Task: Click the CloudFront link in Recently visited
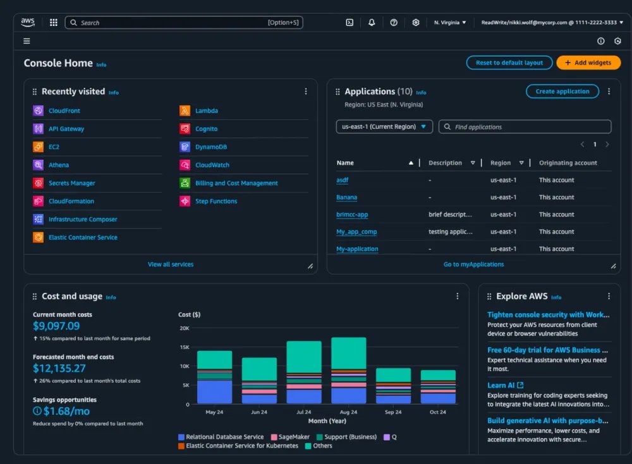click(x=64, y=111)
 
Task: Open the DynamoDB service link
click(x=211, y=147)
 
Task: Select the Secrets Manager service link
click(x=71, y=183)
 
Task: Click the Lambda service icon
click(x=185, y=111)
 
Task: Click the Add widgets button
click(x=588, y=63)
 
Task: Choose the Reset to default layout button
click(x=509, y=63)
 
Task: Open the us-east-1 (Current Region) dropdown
click(x=384, y=127)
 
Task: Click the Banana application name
click(x=346, y=198)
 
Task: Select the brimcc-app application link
click(x=352, y=215)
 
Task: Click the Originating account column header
click(x=568, y=163)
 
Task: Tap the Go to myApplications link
click(x=473, y=265)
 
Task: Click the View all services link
click(x=171, y=265)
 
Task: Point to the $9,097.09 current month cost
click(x=56, y=326)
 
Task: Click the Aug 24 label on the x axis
click(x=348, y=412)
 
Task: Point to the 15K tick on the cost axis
click(x=184, y=347)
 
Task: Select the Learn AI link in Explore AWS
click(x=501, y=385)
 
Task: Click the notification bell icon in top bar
click(x=372, y=23)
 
